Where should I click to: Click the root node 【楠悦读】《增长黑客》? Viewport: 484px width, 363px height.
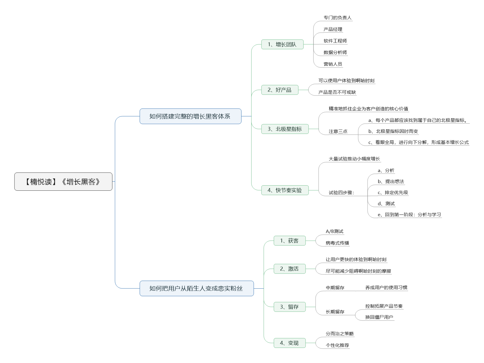63,182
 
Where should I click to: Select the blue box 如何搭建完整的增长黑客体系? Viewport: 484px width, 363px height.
190,116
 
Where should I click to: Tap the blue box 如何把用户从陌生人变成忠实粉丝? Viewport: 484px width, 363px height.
197,288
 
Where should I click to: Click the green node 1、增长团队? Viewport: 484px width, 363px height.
282,44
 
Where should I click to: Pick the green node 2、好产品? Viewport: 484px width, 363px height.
280,90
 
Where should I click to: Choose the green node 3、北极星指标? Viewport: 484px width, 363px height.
285,129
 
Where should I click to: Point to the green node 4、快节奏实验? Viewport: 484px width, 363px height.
285,190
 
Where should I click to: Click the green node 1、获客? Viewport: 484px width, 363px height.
289,241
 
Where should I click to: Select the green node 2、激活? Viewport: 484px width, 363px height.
289,269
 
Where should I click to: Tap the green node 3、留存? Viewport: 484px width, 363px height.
289,307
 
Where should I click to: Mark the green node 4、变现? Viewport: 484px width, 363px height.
289,343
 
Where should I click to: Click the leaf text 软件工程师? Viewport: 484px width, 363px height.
335,41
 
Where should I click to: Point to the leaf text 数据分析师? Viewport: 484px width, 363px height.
335,52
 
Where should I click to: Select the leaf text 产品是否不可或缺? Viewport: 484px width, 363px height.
337,92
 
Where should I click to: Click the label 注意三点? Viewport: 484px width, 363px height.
338,131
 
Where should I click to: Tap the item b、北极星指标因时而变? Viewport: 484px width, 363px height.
393,131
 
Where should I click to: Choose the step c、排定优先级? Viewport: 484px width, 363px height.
393,193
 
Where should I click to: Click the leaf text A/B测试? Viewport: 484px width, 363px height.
334,232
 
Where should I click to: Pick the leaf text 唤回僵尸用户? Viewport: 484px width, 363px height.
379,317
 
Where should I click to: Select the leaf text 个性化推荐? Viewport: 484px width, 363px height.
337,345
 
